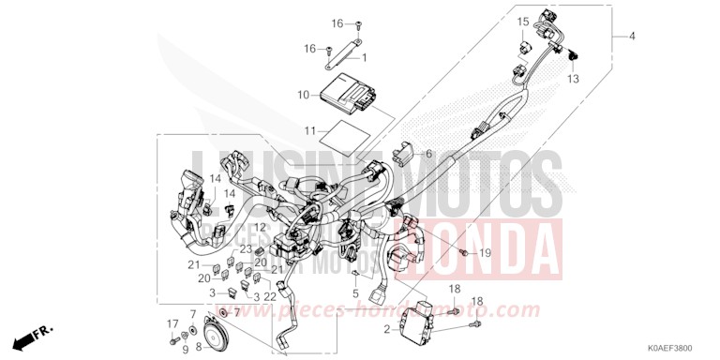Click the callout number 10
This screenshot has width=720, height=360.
tap(303, 95)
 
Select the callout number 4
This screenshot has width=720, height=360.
tap(632, 37)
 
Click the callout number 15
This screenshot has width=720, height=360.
tap(523, 22)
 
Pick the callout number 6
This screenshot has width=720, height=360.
tap(428, 153)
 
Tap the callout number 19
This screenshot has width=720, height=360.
tap(486, 253)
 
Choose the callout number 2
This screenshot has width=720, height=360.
tap(386, 329)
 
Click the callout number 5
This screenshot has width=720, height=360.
tap(355, 293)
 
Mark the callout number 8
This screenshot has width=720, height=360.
tap(198, 347)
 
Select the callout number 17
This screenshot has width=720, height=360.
tap(172, 324)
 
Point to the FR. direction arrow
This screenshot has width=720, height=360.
tap(32, 335)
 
